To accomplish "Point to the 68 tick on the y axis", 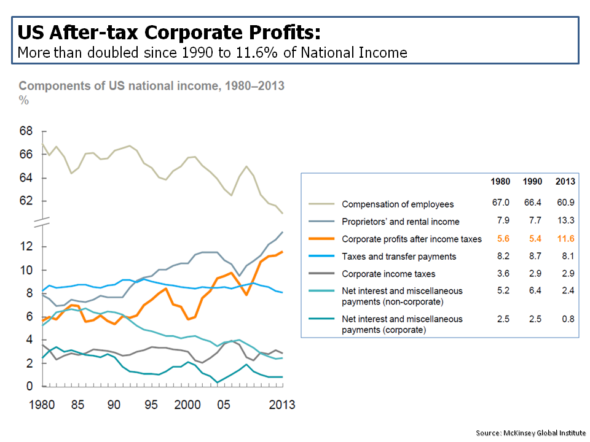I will pos(25,131).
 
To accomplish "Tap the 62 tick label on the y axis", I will pos(25,201).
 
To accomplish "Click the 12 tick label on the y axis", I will pos(25,247).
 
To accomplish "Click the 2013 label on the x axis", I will pos(280,405).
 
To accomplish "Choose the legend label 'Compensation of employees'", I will pos(398,204).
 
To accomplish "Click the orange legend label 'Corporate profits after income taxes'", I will pos(412,239).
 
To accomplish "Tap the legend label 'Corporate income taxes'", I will pos(388,273).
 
